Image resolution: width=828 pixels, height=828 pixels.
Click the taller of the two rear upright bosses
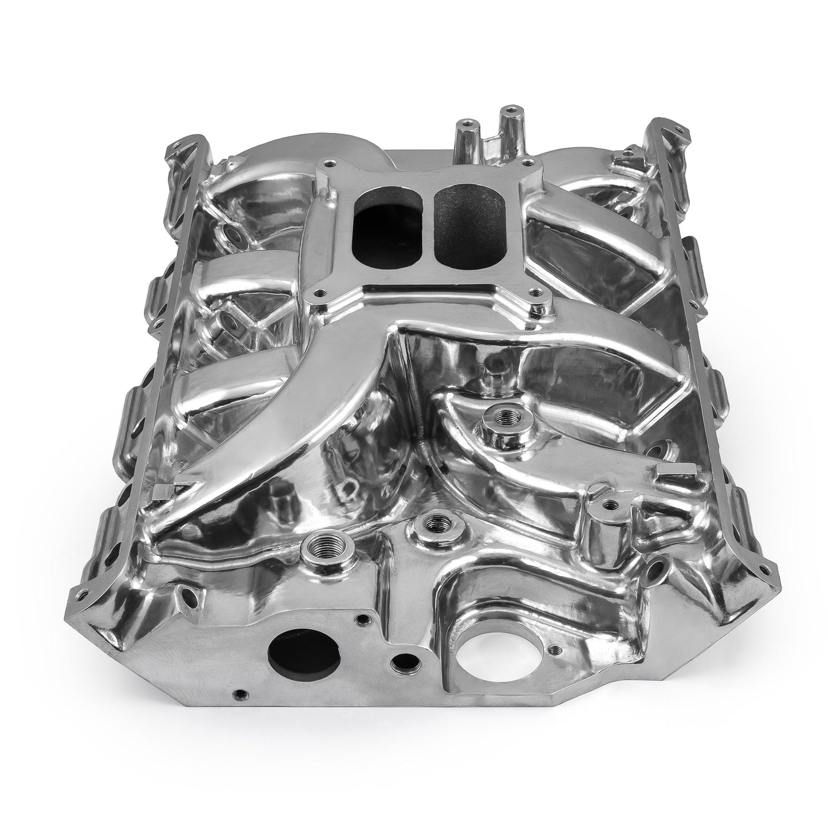coord(506,108)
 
